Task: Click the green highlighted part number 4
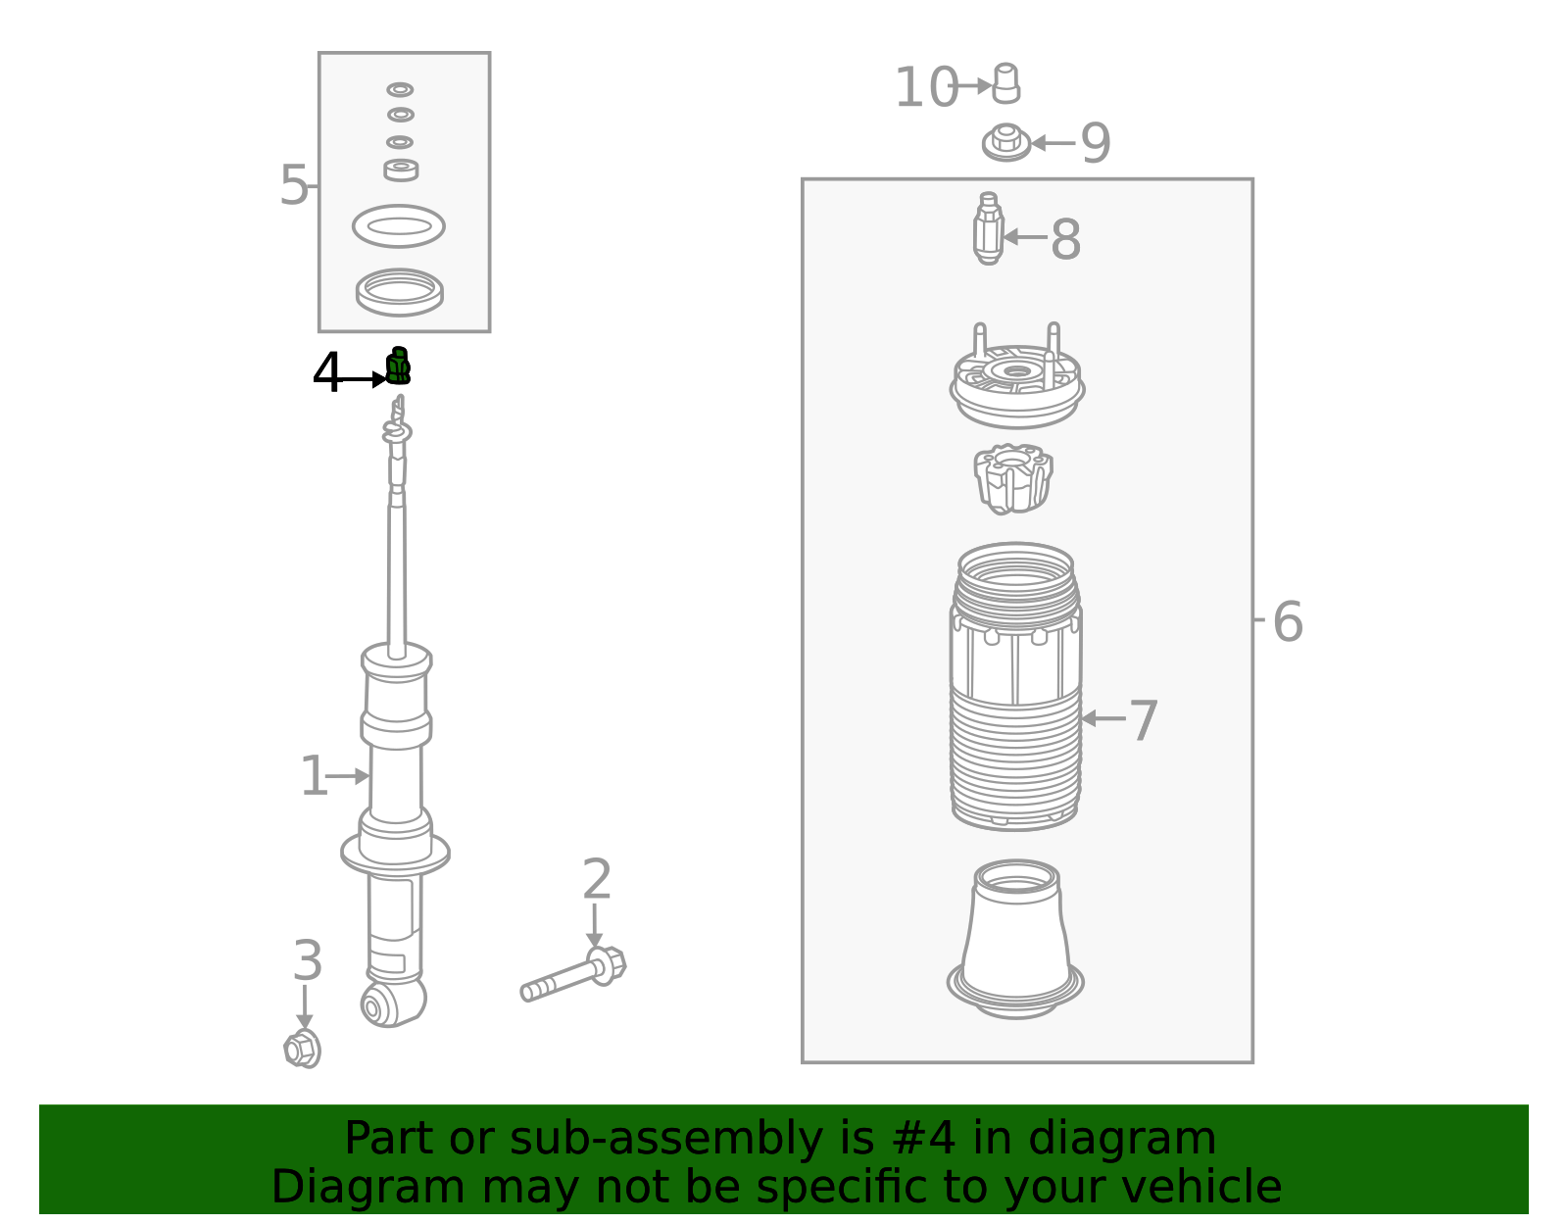397,367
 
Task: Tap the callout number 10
925,88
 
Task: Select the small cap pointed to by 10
1006,84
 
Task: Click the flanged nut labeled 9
1005,143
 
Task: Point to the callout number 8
1065,240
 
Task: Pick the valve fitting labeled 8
989,229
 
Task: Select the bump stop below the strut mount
1013,478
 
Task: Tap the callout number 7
1143,721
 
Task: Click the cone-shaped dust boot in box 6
1016,941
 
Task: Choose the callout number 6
1287,622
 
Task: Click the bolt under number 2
573,976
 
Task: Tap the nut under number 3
303,1050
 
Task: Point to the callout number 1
314,777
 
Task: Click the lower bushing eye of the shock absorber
373,1005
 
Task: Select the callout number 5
293,186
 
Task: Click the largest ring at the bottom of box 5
399,292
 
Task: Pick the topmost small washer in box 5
400,89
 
